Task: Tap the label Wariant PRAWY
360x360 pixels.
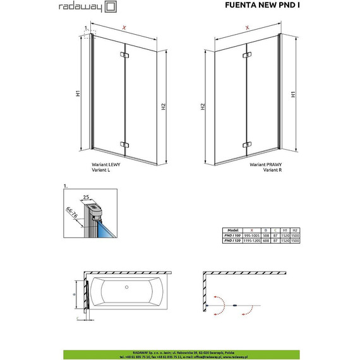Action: tap(265, 163)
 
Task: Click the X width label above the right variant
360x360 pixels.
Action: tap(247, 28)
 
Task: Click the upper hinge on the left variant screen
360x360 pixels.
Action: tap(123, 58)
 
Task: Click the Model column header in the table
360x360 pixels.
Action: tap(233, 230)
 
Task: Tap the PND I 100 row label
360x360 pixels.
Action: tap(233, 235)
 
